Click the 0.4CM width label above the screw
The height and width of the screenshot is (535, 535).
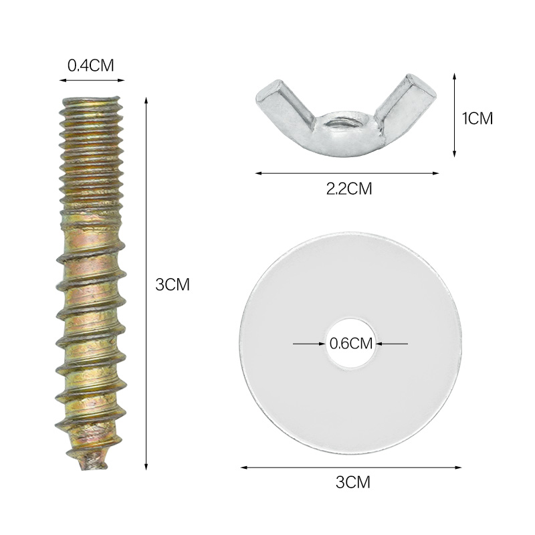tap(91, 66)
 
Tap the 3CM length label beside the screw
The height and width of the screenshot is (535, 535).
tap(173, 284)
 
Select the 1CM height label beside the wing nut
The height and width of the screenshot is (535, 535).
tap(477, 118)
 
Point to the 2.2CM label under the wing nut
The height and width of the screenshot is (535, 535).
tap(348, 189)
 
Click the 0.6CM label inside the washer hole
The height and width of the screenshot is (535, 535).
tap(350, 344)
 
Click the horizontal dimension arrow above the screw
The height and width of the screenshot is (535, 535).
tap(92, 80)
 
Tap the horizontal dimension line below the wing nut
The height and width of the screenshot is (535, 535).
tap(347, 173)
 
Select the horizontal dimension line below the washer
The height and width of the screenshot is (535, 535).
tap(350, 467)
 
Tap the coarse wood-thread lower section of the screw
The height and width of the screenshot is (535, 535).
tap(90, 334)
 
